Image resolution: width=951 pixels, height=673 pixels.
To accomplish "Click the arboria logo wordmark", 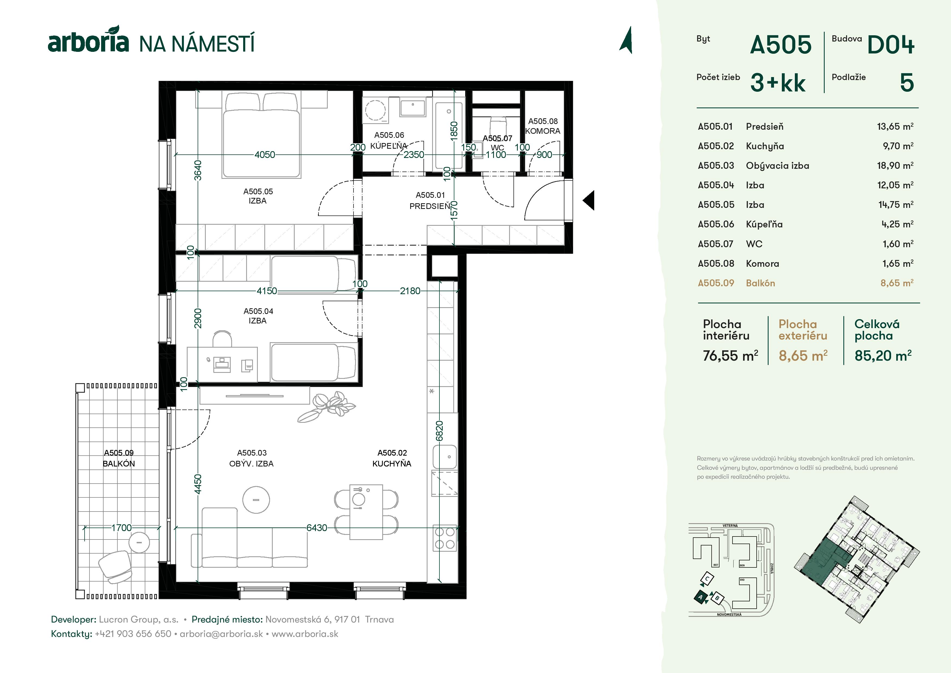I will point(88,42).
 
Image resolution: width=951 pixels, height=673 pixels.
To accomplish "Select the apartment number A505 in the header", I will point(781,45).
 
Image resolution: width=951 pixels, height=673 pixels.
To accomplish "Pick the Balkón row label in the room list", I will point(760,283).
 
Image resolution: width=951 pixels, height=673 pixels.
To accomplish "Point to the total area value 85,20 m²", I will point(883,356).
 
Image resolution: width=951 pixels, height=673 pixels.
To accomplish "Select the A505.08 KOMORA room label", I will point(543,126).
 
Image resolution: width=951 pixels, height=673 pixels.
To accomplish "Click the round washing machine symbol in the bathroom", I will point(375,110).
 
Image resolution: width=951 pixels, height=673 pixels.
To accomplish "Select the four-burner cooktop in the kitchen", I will point(444,538).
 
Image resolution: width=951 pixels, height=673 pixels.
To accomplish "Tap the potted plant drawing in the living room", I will point(327,406).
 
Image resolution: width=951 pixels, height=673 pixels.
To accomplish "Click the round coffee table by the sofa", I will point(256,500).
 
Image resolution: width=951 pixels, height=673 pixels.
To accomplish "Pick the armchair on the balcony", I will point(115,566).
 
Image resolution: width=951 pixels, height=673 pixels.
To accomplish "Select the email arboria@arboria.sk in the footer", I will point(221,634).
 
